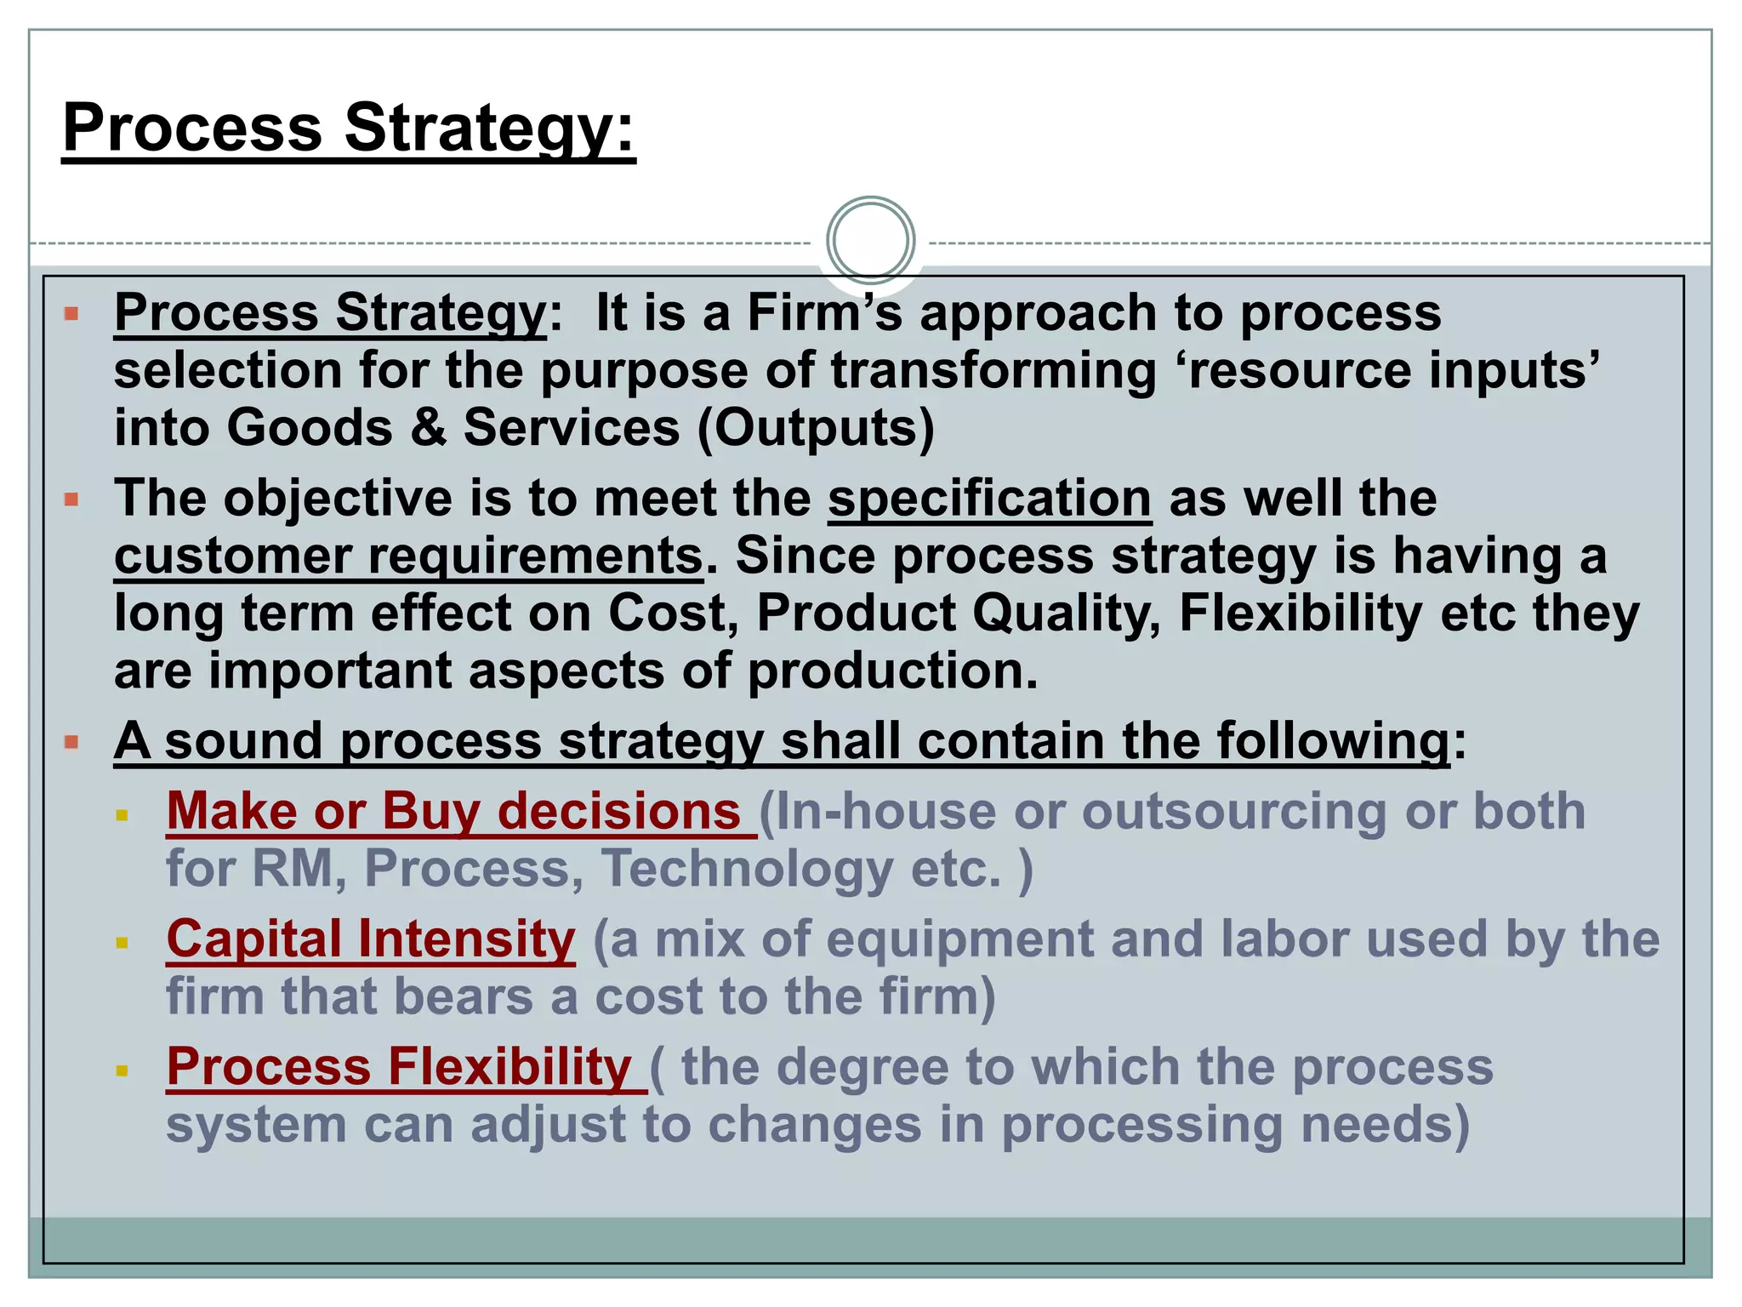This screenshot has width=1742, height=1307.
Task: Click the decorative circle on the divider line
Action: coord(870,240)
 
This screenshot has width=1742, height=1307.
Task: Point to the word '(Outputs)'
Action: coord(816,427)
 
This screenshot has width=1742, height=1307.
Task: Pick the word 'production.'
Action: coord(893,671)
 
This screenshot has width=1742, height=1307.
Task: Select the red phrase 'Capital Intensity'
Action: coord(371,939)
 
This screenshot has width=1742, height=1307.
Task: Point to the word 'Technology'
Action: coord(747,869)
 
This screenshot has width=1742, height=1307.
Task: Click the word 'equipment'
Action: coord(959,939)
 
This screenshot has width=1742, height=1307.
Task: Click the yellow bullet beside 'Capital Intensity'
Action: coord(122,943)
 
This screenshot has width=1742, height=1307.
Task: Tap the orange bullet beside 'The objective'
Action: coord(71,499)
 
